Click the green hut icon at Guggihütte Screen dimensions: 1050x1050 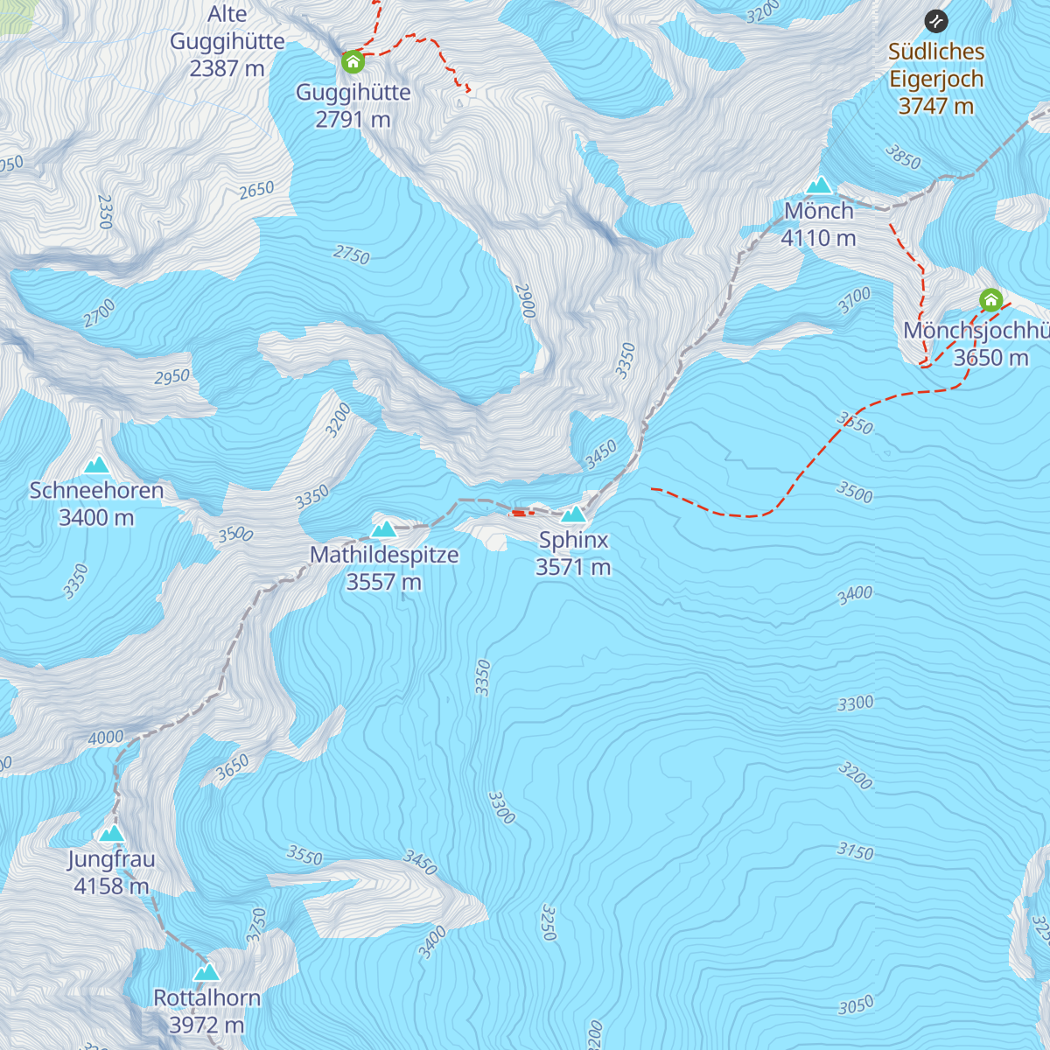click(353, 61)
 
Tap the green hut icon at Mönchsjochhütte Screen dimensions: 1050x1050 click(990, 301)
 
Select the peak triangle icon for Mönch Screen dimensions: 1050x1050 click(819, 185)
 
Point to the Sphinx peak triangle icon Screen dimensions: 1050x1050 click(573, 514)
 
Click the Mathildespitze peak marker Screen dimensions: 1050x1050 click(384, 528)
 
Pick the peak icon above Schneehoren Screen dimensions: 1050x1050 click(96, 465)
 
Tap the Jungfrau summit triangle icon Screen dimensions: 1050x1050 click(111, 834)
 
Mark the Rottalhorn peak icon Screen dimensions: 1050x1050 click(206, 972)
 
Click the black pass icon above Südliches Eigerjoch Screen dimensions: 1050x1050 click(936, 21)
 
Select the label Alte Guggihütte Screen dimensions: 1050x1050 click(227, 41)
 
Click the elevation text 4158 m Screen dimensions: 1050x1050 click(111, 886)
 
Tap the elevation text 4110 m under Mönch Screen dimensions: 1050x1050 click(818, 238)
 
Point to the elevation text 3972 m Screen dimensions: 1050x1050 click(206, 1025)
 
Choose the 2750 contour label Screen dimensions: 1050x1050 click(352, 254)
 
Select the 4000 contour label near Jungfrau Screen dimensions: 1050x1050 click(106, 738)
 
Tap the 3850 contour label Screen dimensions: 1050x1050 click(903, 157)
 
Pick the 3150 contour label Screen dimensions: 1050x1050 click(855, 850)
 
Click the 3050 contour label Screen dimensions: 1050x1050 click(856, 1006)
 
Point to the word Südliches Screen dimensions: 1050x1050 click(936, 52)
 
